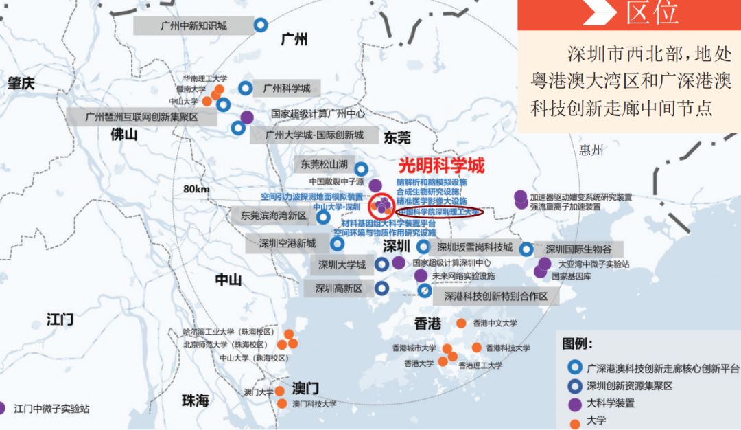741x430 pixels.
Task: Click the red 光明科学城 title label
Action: [x=441, y=166]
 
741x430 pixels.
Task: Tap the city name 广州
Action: [x=294, y=40]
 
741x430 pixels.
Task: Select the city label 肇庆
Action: [x=21, y=84]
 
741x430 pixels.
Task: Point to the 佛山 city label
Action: [x=124, y=135]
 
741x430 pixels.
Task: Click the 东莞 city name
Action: [x=397, y=136]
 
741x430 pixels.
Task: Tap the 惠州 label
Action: [x=590, y=150]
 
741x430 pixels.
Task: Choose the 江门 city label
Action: [x=60, y=319]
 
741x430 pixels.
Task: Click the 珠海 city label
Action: [x=195, y=400]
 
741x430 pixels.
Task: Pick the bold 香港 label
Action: [x=428, y=324]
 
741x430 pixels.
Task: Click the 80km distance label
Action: [x=196, y=190]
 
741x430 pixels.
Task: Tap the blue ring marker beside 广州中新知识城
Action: [x=261, y=25]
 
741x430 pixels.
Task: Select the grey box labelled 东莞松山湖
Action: [x=323, y=165]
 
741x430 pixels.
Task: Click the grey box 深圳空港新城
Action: [x=287, y=243]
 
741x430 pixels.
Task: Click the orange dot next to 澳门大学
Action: [x=280, y=392]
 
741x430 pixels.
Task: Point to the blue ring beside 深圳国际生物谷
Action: [x=526, y=249]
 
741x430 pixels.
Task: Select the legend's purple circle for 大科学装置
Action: [x=574, y=403]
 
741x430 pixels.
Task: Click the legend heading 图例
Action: [x=578, y=343]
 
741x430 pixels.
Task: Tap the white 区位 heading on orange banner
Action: [x=651, y=13]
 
